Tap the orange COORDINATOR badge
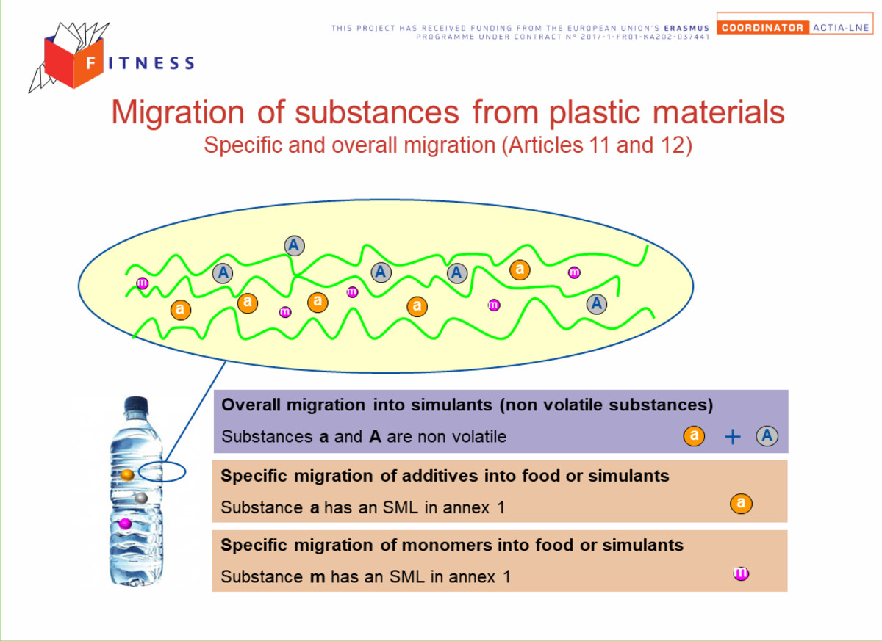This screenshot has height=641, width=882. coord(763,27)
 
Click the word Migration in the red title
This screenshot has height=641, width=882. coord(178,113)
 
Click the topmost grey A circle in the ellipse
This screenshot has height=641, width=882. coord(294,246)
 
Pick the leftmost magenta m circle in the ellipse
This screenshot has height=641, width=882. coord(142,283)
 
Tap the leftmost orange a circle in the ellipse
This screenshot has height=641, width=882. coord(181,310)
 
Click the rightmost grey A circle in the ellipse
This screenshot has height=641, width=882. coord(597,304)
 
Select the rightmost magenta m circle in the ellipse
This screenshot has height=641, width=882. coord(574,272)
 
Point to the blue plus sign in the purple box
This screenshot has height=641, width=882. coord(732,437)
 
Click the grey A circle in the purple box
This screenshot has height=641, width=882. coord(767,436)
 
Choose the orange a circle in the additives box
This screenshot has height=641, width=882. coord(741,504)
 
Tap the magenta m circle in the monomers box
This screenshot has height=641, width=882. coord(741,573)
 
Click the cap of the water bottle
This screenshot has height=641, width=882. coord(136,405)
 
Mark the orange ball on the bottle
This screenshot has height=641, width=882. coord(127,475)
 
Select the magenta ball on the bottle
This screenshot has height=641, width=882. coord(125,524)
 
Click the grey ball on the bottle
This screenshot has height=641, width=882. coord(141,499)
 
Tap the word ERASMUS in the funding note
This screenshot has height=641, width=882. coord(686,29)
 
